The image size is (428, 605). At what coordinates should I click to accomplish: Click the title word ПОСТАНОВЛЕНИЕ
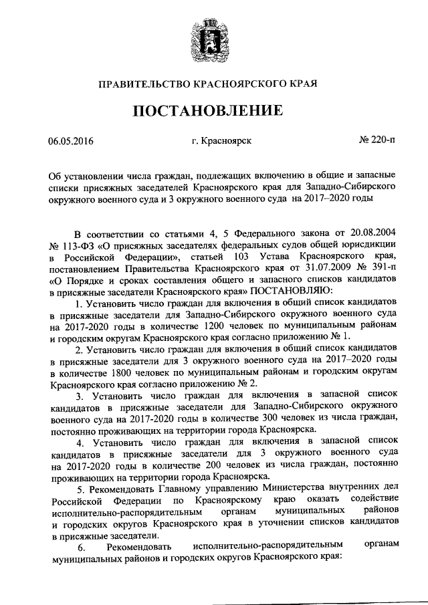[213, 110]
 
